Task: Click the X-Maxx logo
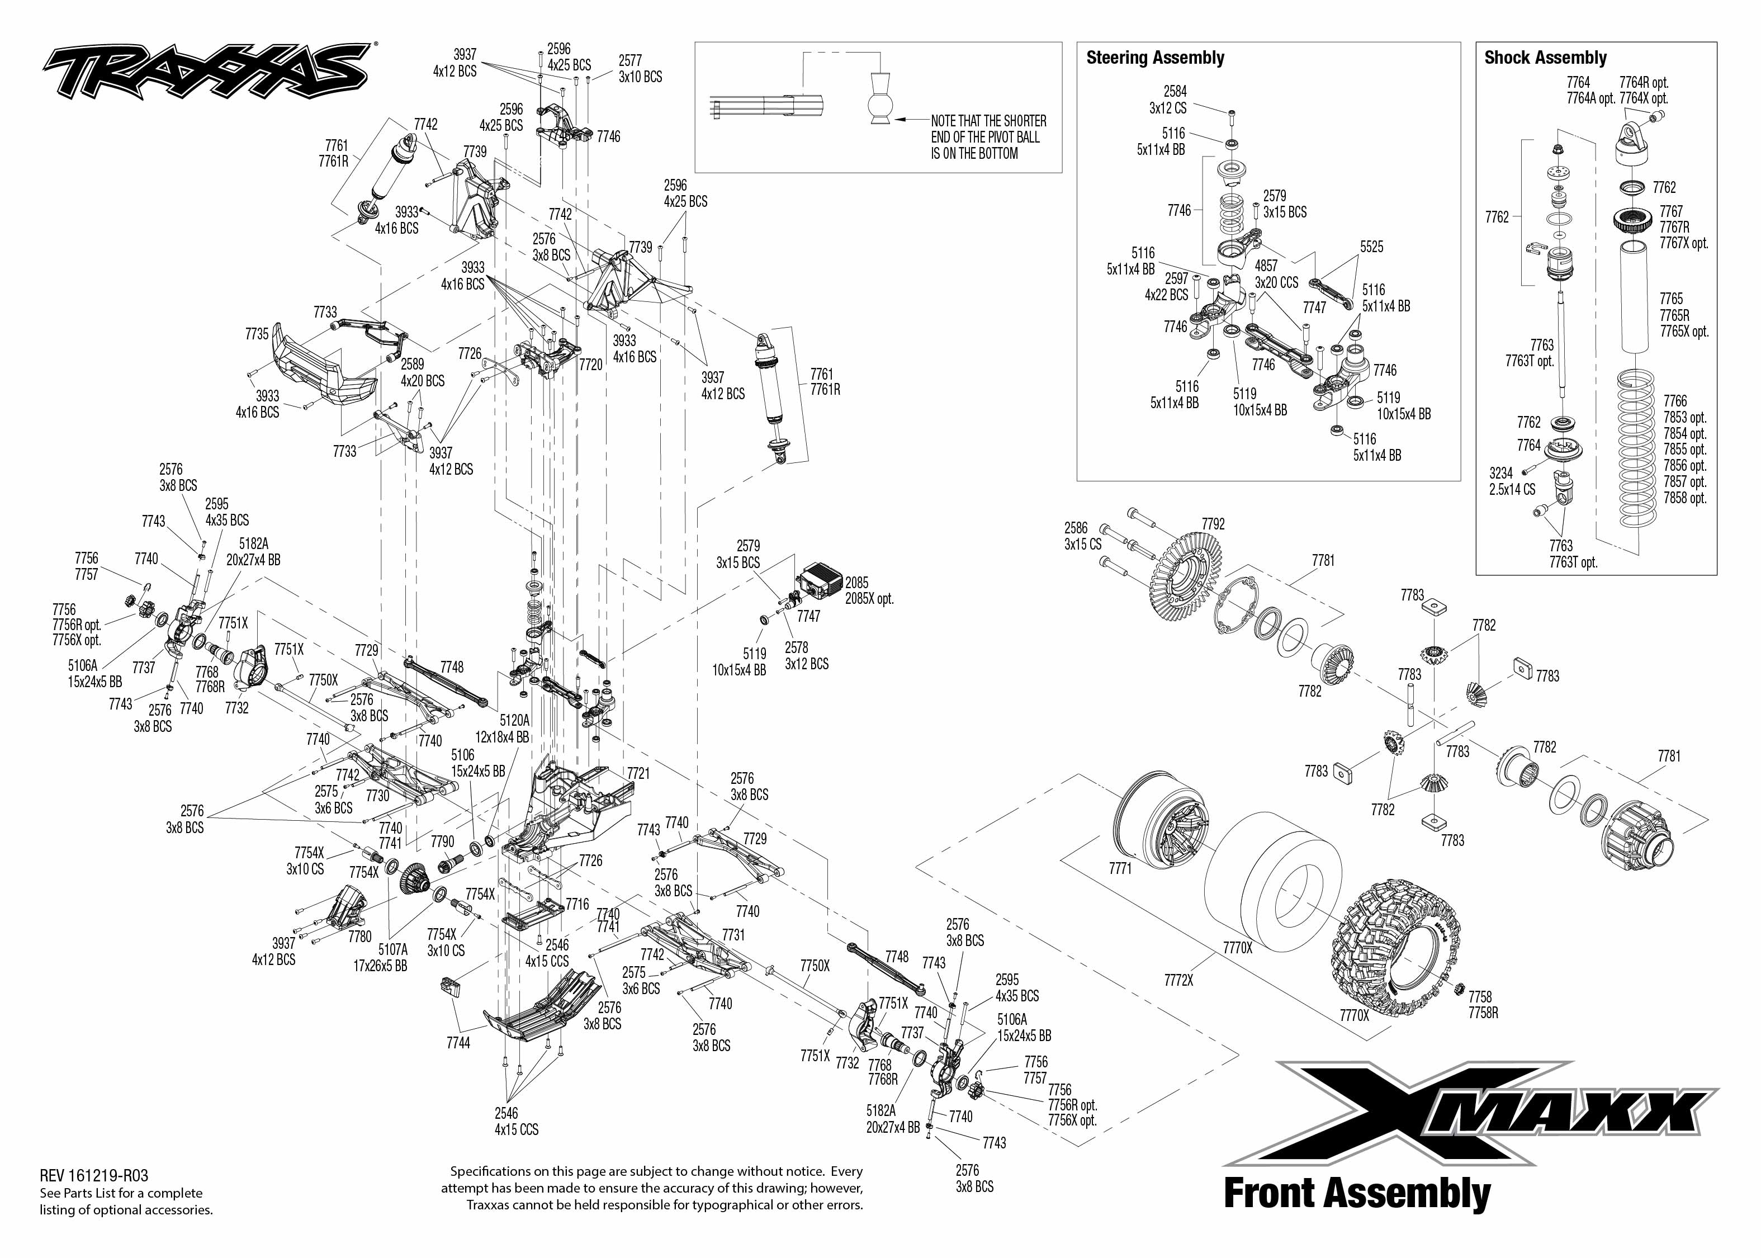pyautogui.click(x=1469, y=1114)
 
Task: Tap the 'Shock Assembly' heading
pyautogui.click(x=1545, y=58)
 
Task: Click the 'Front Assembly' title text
pyautogui.click(x=1357, y=1194)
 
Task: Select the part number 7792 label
pyautogui.click(x=1214, y=524)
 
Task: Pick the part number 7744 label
pyautogui.click(x=458, y=1043)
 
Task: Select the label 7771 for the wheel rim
pyautogui.click(x=1120, y=869)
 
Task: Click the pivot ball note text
pyautogui.click(x=988, y=137)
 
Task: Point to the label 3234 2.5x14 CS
pyautogui.click(x=1512, y=481)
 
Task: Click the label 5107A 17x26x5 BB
pyautogui.click(x=392, y=957)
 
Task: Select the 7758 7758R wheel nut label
pyautogui.click(x=1483, y=1005)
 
